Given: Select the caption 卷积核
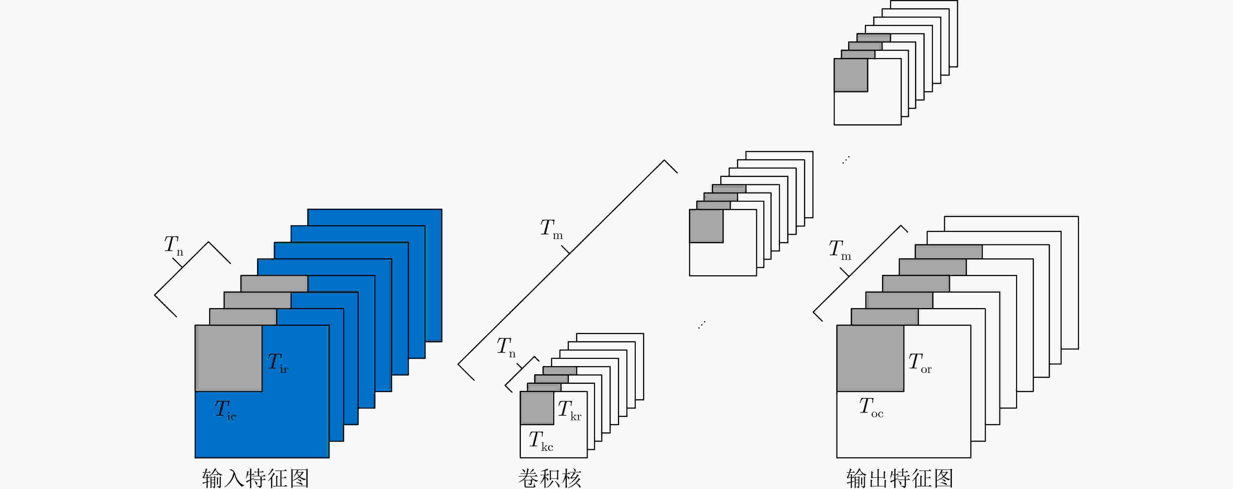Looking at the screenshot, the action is pos(550,478).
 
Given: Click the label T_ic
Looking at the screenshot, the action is pos(225,410).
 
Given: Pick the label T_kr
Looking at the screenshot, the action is pos(570,410).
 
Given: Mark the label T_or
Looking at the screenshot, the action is pos(920,363).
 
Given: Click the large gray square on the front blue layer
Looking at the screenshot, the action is pos(228,358).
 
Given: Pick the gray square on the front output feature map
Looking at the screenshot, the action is pos(870,358).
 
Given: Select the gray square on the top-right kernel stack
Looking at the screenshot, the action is pos(851,75).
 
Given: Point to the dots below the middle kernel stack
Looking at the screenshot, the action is pos(702,325).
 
